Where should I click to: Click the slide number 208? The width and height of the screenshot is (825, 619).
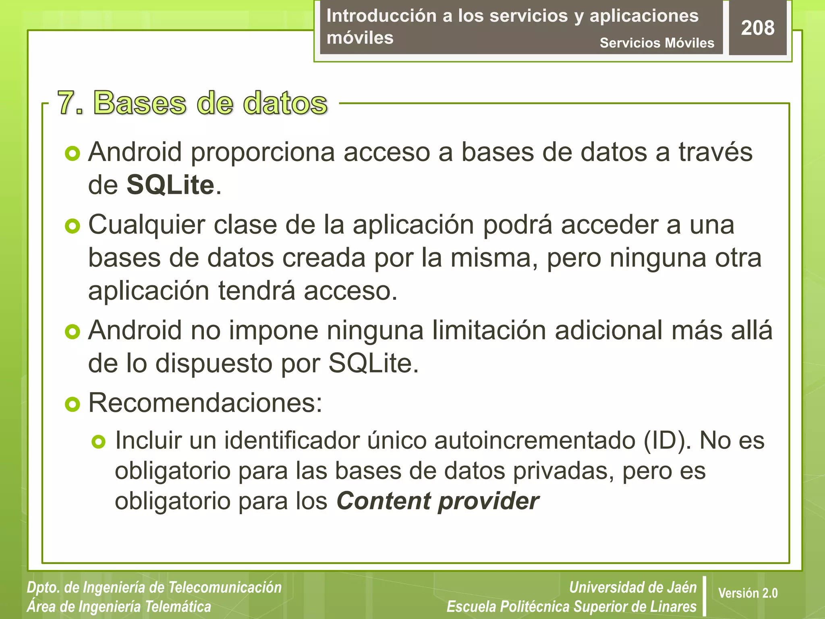[x=757, y=28]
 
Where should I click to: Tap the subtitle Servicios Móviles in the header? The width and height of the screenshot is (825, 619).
[x=657, y=43]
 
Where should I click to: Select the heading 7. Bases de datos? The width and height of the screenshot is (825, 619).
[x=192, y=103]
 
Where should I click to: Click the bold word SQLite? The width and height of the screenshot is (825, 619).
[x=170, y=185]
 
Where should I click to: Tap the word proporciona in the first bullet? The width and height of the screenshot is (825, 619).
[x=263, y=152]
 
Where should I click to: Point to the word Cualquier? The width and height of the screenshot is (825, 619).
[x=147, y=225]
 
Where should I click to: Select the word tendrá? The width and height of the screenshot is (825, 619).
[x=257, y=291]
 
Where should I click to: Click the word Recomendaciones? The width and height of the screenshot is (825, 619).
[x=205, y=403]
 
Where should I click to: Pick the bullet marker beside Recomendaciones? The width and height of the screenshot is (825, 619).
[x=73, y=404]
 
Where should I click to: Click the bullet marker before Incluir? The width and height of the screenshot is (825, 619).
[x=98, y=442]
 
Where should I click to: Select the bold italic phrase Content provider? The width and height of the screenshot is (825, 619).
[x=437, y=501]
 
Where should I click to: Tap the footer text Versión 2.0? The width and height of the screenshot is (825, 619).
[x=748, y=593]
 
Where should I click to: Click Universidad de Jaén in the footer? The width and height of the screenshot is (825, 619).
[x=632, y=588]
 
